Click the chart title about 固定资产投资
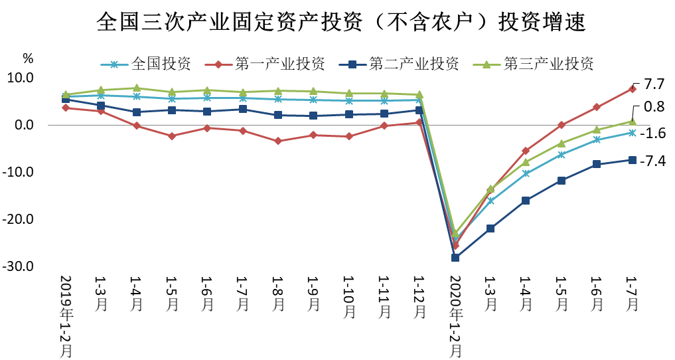(340, 22)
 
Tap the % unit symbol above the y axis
(27, 58)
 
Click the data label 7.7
(654, 84)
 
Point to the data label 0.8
(654, 106)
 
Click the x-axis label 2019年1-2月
(66, 316)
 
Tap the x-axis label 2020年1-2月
(455, 316)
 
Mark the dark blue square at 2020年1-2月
(455, 257)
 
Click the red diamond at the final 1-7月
(633, 88)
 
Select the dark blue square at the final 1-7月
(633, 159)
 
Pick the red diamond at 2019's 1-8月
(278, 141)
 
